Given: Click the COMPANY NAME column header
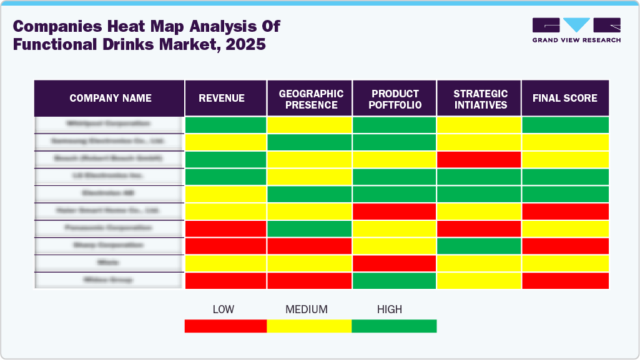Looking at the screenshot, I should click(110, 99).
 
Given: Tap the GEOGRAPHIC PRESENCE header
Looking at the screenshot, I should click(311, 99).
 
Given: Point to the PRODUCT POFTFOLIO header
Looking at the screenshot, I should click(395, 99).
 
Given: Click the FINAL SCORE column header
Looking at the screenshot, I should click(564, 99).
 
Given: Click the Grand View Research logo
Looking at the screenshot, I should click(576, 30).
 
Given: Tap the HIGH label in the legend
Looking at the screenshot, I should click(390, 309).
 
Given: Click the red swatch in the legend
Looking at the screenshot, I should click(225, 326).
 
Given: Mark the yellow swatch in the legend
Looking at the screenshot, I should click(309, 326).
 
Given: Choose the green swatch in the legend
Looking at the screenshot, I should click(394, 326).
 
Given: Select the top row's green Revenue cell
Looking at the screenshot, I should click(226, 125).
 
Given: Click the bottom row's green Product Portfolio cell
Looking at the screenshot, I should click(395, 281).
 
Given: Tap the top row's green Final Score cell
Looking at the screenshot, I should click(565, 125).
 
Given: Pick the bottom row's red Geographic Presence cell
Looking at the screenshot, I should click(310, 281).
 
